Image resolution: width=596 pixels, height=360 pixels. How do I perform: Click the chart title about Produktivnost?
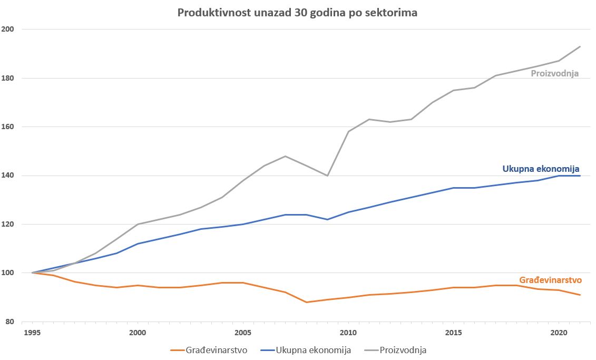click(297, 13)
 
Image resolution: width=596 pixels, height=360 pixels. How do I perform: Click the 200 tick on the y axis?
click(8, 30)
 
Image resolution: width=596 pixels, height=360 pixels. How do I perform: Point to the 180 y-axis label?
click(8, 78)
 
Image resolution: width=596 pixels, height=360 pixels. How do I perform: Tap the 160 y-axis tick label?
click(8, 127)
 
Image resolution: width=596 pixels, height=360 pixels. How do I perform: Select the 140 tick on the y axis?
click(8, 176)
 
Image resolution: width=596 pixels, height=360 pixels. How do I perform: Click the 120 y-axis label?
click(8, 224)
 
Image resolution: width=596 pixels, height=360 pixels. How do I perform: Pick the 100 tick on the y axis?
click(8, 273)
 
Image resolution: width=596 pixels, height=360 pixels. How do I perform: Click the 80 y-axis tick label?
click(11, 322)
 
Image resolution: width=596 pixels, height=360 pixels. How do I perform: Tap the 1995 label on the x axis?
click(32, 333)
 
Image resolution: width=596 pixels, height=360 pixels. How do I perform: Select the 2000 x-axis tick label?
click(138, 333)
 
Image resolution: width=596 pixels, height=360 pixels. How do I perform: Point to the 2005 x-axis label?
click(243, 333)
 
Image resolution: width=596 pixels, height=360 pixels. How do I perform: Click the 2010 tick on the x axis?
click(348, 333)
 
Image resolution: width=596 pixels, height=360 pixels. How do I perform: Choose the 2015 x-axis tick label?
click(454, 333)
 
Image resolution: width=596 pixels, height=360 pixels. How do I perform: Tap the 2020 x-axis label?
click(559, 333)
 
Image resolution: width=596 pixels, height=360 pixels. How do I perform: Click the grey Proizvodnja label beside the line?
click(554, 74)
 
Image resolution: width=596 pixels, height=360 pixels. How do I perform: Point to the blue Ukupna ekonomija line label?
click(541, 169)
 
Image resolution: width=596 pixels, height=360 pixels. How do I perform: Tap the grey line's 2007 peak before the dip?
click(285, 156)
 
